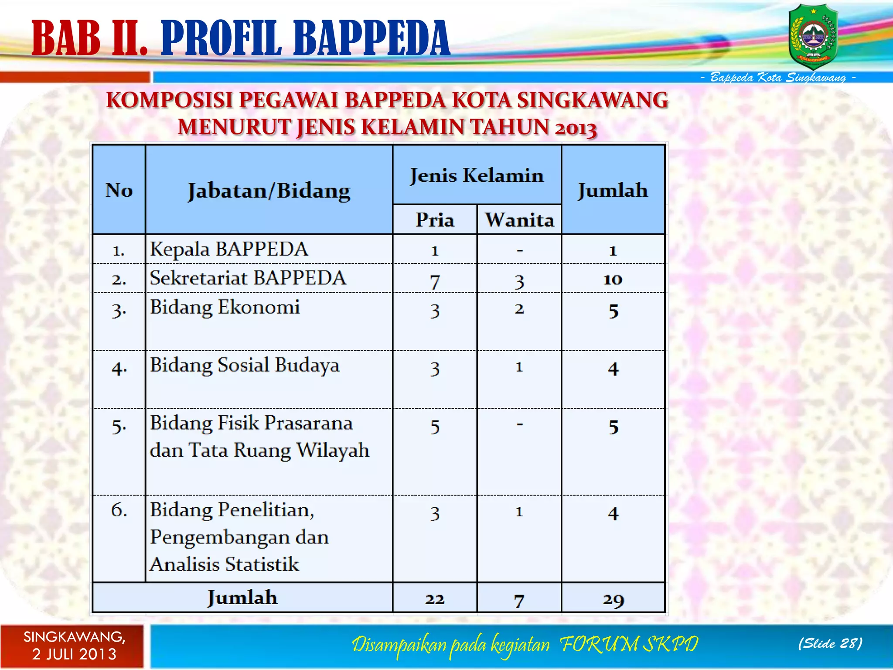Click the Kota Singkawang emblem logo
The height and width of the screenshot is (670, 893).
pyautogui.click(x=813, y=37)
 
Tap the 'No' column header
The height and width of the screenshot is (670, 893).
pyautogui.click(x=119, y=190)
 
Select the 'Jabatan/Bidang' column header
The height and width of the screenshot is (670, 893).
pyautogui.click(x=269, y=191)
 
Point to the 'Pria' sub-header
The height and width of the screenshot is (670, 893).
pyautogui.click(x=435, y=220)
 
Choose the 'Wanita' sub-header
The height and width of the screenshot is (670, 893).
pyautogui.click(x=519, y=220)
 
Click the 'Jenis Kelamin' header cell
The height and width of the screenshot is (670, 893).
pyautogui.click(x=477, y=175)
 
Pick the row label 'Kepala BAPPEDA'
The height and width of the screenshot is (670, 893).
pyautogui.click(x=229, y=249)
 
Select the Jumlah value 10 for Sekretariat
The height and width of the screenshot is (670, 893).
pyautogui.click(x=613, y=279)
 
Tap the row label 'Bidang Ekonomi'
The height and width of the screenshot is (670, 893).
pyautogui.click(x=225, y=307)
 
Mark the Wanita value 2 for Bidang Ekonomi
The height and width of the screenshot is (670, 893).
pyautogui.click(x=519, y=309)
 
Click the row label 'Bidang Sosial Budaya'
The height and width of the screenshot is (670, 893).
pyautogui.click(x=244, y=365)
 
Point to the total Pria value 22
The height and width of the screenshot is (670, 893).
pyautogui.click(x=435, y=599)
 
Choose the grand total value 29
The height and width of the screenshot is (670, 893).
pyautogui.click(x=613, y=600)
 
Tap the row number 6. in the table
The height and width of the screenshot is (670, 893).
pyautogui.click(x=119, y=509)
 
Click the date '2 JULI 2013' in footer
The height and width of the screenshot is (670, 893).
pyautogui.click(x=75, y=654)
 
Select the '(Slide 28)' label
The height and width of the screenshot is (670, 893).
pyautogui.click(x=830, y=643)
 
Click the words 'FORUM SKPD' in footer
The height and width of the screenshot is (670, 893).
pyautogui.click(x=628, y=644)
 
